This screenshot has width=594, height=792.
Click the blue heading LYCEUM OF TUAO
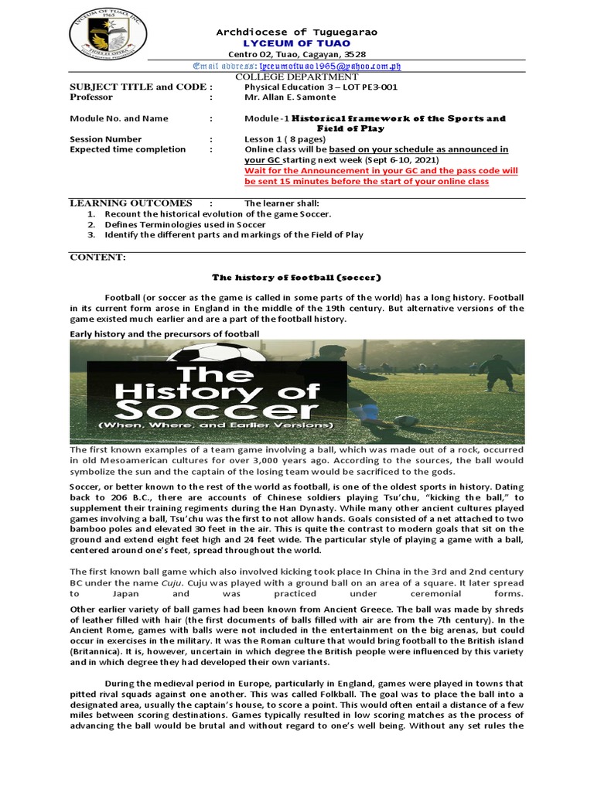(297, 44)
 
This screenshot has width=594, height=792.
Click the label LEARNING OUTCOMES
(131, 203)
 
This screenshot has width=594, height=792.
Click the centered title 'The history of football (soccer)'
(297, 277)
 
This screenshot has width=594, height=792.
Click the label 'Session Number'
(106, 139)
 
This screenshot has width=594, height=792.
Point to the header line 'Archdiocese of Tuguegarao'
(297, 32)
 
